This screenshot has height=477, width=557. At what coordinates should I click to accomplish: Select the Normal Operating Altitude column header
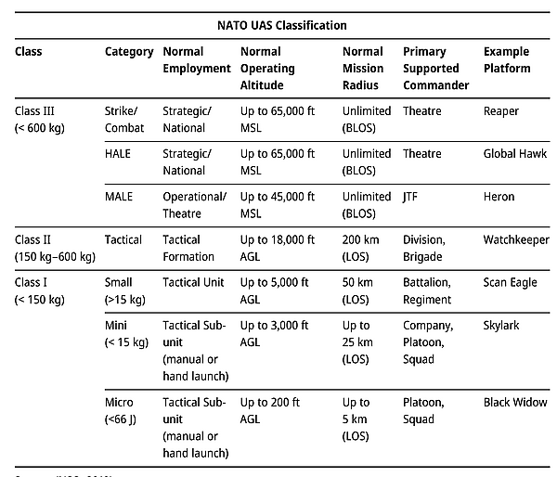(267, 69)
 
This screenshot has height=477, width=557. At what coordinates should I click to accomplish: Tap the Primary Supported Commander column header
(435, 69)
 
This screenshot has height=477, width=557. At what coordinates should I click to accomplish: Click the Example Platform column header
(507, 60)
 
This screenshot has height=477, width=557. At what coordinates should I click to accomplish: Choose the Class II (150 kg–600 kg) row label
(53, 248)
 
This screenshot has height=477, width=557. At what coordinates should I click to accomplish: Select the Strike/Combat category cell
(125, 120)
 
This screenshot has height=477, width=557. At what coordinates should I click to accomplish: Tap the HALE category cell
(118, 154)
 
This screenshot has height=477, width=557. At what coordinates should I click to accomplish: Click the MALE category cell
(119, 197)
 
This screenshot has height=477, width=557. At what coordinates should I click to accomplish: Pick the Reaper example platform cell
(501, 111)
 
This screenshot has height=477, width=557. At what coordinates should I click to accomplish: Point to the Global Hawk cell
(515, 154)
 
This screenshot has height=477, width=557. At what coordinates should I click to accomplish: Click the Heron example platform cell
(499, 197)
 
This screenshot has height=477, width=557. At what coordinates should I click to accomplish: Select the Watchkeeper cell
(515, 239)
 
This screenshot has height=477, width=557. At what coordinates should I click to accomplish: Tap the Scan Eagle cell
(510, 282)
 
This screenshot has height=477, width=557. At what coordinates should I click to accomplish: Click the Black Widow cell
(515, 403)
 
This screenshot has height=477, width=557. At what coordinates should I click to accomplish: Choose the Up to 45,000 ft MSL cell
(278, 205)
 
